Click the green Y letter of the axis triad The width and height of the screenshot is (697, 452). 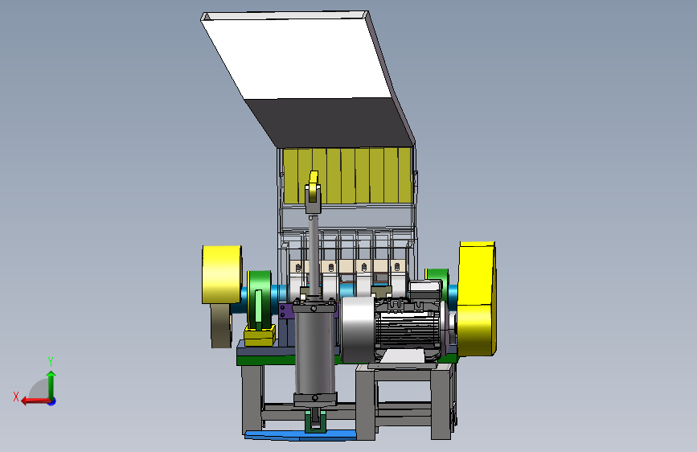(x=51, y=362)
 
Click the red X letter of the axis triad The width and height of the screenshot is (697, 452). (x=16, y=397)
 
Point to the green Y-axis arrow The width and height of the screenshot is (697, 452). (x=51, y=384)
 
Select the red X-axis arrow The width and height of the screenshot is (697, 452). (x=35, y=401)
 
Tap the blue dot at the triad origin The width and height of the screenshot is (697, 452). (x=52, y=401)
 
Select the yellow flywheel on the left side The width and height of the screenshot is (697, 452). (x=222, y=274)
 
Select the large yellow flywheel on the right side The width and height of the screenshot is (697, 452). (x=477, y=298)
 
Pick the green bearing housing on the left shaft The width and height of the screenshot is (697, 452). (x=260, y=299)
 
